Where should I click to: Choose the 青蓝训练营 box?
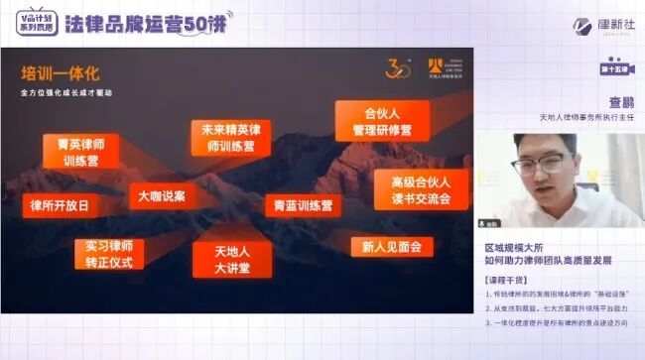click(x=304, y=207)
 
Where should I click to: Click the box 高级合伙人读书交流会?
click(x=421, y=189)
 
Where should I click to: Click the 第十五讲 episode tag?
click(x=616, y=69)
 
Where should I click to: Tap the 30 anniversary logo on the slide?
click(x=398, y=70)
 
